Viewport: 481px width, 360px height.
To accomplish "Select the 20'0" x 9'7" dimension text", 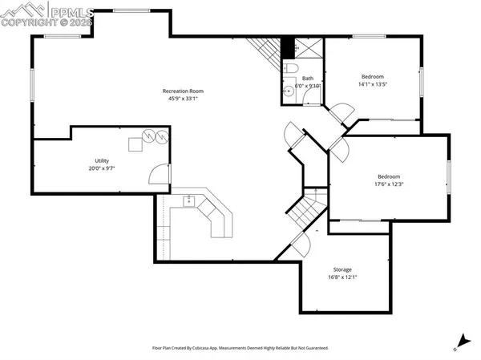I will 101,168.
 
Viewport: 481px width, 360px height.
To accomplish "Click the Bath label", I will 307,79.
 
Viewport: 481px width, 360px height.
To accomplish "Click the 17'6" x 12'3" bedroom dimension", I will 389,184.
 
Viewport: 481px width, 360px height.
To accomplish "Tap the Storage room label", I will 342,269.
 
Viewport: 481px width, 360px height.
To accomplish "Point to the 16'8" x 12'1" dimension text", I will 342,277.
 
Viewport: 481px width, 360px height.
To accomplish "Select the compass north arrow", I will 459,342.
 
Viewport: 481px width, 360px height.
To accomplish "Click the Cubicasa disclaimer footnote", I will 240,348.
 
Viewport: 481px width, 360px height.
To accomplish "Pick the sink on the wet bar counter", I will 191,200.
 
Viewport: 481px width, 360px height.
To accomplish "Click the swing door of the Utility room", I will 161,174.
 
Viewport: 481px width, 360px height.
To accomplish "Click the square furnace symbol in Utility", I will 135,144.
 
